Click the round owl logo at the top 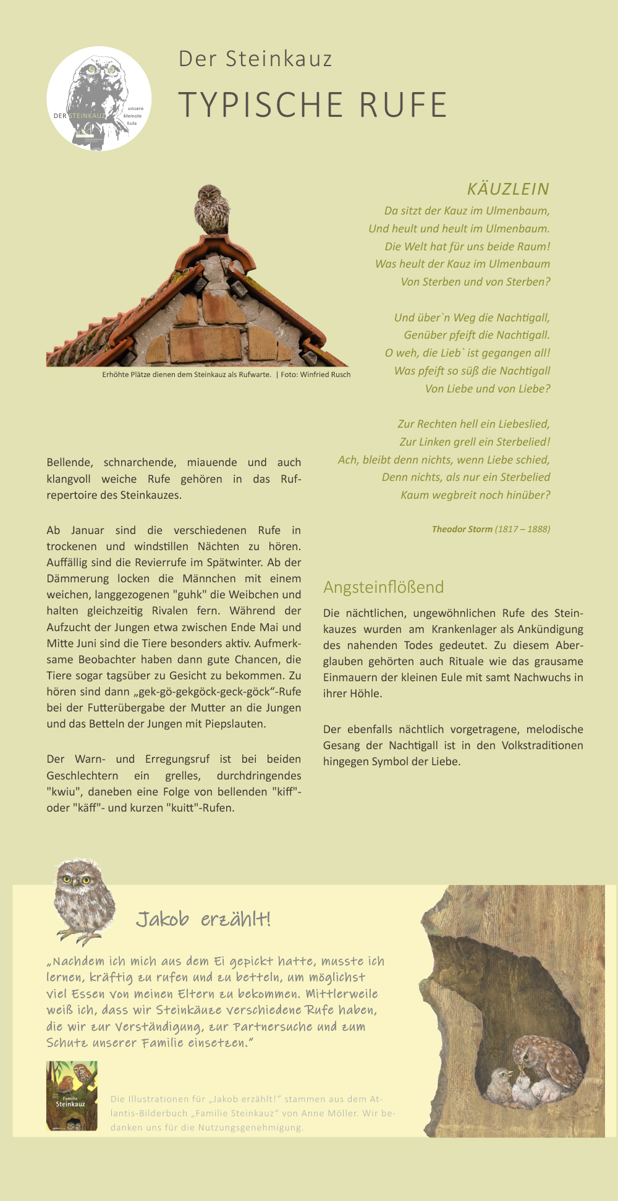99,99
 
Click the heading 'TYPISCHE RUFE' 313,104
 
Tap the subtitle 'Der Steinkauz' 255,59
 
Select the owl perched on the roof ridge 211,210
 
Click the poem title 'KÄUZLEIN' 508,189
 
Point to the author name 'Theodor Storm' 462,529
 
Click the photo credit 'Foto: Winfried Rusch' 316,375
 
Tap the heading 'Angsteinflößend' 383,587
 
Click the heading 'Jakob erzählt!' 203,919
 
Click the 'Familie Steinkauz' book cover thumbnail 72,1096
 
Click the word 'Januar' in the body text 88,530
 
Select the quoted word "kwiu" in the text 63,792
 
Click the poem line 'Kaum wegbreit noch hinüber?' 475,495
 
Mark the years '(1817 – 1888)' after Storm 522,529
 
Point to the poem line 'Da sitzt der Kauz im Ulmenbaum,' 467,211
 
